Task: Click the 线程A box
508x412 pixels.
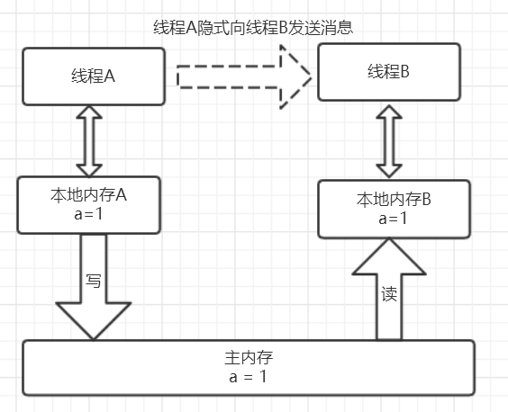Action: point(93,76)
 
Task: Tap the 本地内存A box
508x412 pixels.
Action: point(88,204)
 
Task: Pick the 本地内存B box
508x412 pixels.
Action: point(395,208)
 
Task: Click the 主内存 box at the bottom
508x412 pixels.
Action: point(248,367)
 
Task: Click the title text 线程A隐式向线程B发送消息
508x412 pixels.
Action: point(253,27)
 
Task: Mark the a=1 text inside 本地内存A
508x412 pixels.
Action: point(88,214)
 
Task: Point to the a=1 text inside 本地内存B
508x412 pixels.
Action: point(394,219)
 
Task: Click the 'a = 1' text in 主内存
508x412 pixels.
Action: point(248,376)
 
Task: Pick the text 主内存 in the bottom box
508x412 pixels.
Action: point(248,357)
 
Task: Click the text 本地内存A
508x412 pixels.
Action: point(88,194)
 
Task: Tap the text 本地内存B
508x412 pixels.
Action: point(394,199)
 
